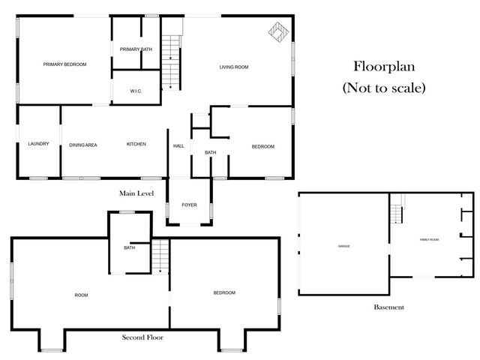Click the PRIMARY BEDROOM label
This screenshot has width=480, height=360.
64,64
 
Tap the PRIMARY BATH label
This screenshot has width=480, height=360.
136,49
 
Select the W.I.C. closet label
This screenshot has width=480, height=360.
136,91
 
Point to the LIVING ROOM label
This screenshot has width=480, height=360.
234,67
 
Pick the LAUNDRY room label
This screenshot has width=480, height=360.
38,144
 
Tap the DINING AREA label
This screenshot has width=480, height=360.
83,144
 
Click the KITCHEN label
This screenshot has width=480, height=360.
136,144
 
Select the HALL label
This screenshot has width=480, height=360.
178,146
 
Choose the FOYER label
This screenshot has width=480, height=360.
190,205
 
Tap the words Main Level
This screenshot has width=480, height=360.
136,193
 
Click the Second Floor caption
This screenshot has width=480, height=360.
142,337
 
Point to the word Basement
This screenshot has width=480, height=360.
388,307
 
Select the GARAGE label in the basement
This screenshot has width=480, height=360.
343,246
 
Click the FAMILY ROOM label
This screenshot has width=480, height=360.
429,239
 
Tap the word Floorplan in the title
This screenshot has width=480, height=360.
384,66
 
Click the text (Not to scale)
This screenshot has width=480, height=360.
384,88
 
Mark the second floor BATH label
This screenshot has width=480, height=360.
129,247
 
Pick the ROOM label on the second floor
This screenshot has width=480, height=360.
81,295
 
